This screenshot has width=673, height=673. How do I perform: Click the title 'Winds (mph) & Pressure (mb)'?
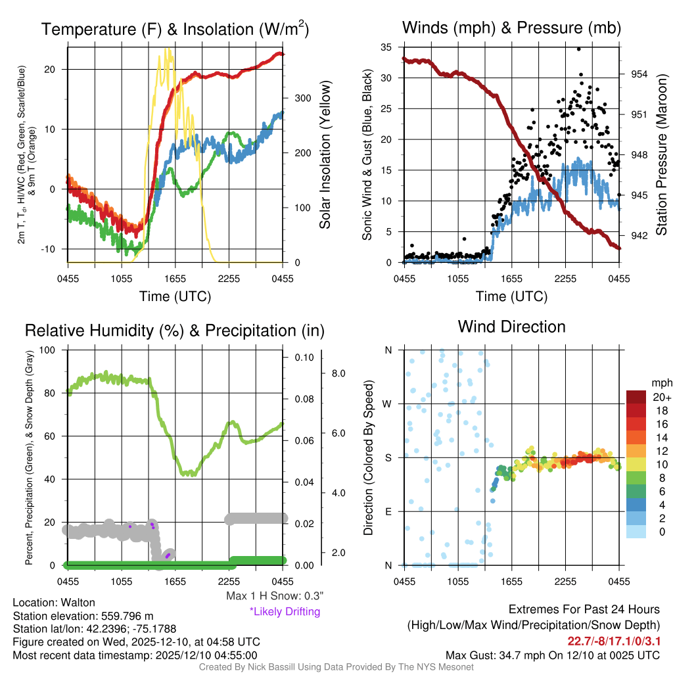click(511, 28)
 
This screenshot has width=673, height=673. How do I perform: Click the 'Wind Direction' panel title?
click(511, 326)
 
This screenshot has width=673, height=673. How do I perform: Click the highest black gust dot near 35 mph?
click(578, 49)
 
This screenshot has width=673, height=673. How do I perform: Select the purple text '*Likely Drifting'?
click(285, 612)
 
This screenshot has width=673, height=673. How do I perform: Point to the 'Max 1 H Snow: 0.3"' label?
click(274, 596)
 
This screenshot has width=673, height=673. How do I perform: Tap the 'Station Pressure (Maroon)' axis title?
click(661, 154)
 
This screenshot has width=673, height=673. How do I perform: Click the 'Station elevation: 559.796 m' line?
click(83, 616)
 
